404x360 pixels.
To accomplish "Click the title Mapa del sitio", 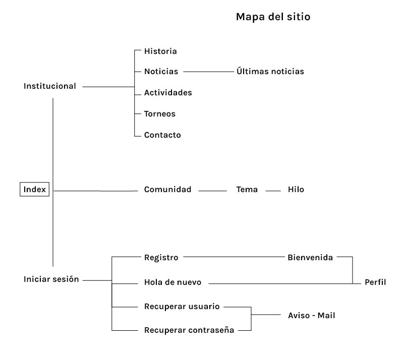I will coord(273,17).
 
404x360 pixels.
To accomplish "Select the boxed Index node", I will coord(35,190).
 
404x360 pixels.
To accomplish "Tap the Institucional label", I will coord(50,86).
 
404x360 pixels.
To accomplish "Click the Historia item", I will coord(160,51).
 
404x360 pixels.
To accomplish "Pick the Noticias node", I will coord(161,72).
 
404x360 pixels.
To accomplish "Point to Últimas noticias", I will coord(270,72).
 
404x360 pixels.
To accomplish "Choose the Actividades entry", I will coord(168,93).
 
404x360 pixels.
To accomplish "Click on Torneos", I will coord(160,114).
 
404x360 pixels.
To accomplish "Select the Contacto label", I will coord(162,135).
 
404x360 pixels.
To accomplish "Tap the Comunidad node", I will coord(168,190).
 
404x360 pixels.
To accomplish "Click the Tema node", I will coord(247,190).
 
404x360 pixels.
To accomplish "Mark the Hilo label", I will coord(296,190).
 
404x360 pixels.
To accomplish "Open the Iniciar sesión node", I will coord(51,279).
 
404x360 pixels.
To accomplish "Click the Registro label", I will coord(161,258).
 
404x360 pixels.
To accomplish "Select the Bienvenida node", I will coord(310,258).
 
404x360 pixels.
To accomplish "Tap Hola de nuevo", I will coord(173,282).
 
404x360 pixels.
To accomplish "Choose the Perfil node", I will coord(375,282).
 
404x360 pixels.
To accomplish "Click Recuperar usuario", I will coord(181,306).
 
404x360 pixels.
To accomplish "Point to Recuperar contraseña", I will coord(189,330).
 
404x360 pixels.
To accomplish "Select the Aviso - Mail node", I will coord(312,316).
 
